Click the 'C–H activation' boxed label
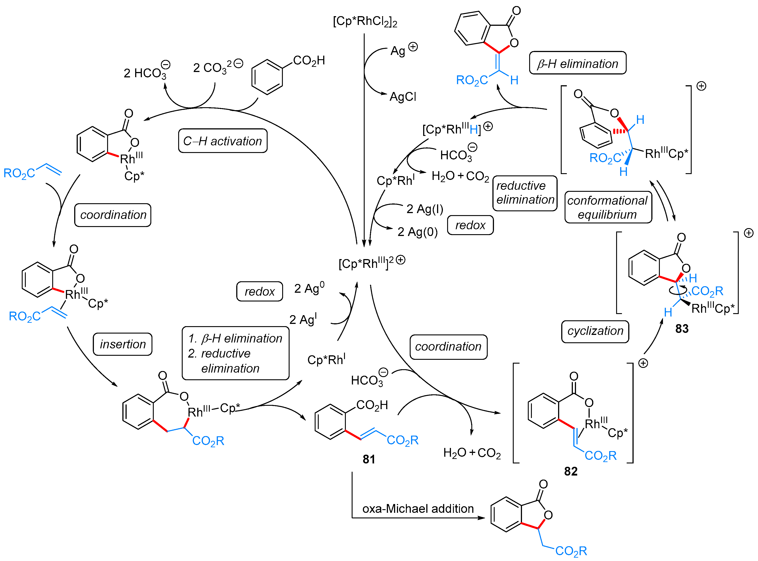click(x=223, y=141)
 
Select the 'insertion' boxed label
click(x=123, y=344)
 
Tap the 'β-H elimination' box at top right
click(x=578, y=63)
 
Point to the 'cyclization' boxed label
click(x=595, y=331)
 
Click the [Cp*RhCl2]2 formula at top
click(x=365, y=21)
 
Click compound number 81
click(x=369, y=459)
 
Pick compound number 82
click(x=571, y=471)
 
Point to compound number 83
click(x=682, y=328)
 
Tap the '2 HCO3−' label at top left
click(x=146, y=72)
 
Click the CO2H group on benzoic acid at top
click(x=309, y=60)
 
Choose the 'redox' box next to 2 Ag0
click(x=260, y=291)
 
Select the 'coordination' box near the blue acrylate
click(x=113, y=215)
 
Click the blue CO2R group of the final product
click(x=571, y=550)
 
